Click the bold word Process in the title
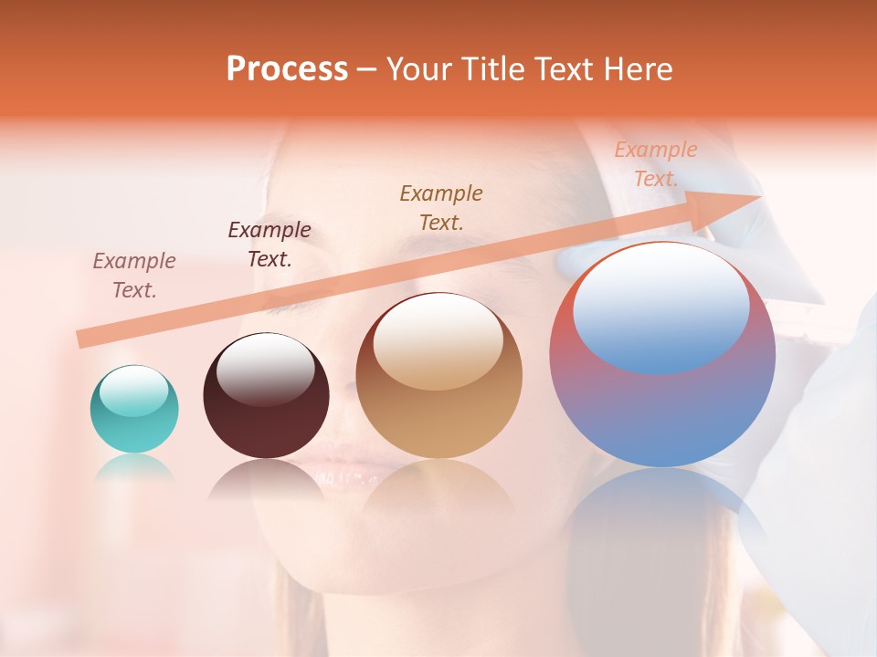287,69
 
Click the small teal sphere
134,420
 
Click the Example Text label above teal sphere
134,275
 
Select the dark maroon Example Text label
269,244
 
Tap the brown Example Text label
441,207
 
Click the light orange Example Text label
655,164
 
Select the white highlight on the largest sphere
660,306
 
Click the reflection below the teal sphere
134,469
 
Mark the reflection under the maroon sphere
265,479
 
